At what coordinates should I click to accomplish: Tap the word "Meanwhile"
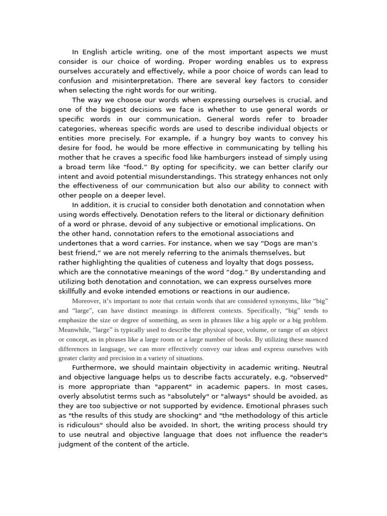(76, 330)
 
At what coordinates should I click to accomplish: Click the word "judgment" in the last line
(77, 444)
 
